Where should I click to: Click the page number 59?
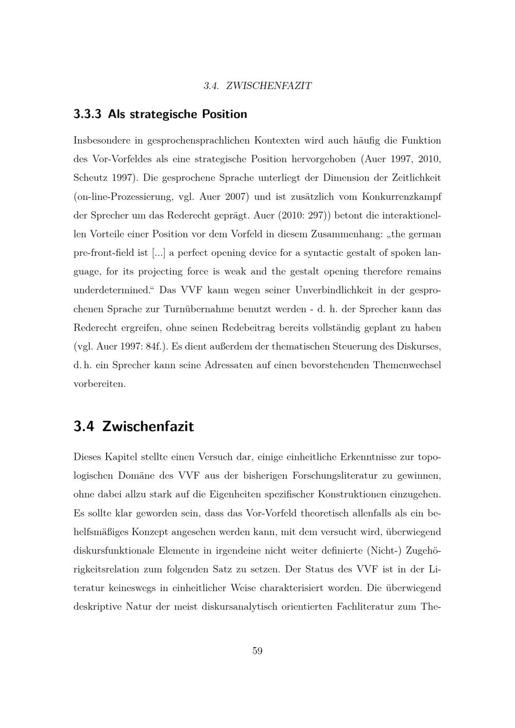pyautogui.click(x=257, y=651)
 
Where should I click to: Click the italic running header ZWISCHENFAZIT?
pyautogui.click(x=269, y=86)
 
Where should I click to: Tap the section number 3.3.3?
pyautogui.click(x=88, y=114)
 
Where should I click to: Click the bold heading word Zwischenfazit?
pyautogui.click(x=148, y=427)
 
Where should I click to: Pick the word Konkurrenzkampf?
pyautogui.click(x=402, y=197)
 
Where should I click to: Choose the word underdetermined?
pyautogui.click(x=111, y=290)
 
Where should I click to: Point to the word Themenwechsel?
pyautogui.click(x=407, y=366)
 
